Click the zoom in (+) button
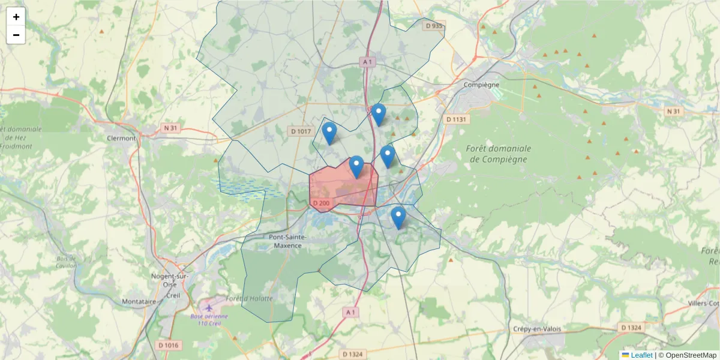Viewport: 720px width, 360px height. click(16, 17)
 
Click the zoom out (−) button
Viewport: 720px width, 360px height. click(16, 35)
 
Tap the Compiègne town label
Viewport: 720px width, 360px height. click(481, 85)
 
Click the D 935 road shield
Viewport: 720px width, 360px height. click(433, 26)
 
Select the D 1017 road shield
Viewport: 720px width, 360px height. click(301, 131)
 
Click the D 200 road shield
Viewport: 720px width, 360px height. click(321, 203)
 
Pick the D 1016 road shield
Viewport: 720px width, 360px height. click(169, 345)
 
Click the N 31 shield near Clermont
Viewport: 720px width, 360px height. click(171, 128)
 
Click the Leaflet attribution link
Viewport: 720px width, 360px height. click(641, 355)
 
